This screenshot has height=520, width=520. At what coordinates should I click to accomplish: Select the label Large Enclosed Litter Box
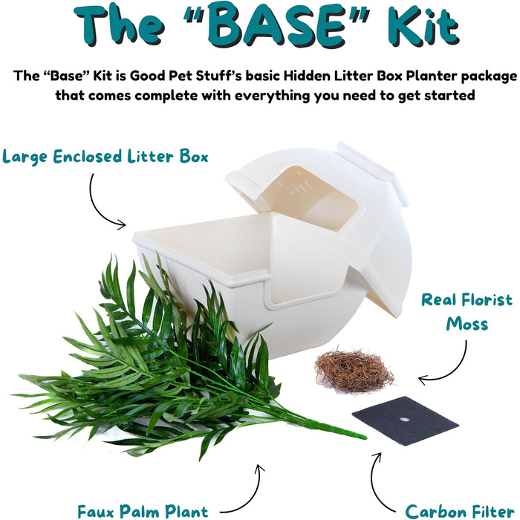coord(105,157)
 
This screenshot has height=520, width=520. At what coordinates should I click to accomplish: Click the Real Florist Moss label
coord(467,312)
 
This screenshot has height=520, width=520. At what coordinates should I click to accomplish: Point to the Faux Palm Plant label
coord(143,511)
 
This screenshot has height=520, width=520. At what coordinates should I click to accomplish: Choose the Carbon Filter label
coord(460,511)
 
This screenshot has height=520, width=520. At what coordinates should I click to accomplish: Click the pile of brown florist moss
coord(354,370)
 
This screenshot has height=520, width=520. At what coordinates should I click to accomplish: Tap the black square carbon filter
coord(406,420)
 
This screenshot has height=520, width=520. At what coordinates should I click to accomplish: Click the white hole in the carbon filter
coord(405,420)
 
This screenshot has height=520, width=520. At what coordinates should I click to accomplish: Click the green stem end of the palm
coord(364,438)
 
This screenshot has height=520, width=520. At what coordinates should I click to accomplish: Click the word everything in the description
coord(272,96)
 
